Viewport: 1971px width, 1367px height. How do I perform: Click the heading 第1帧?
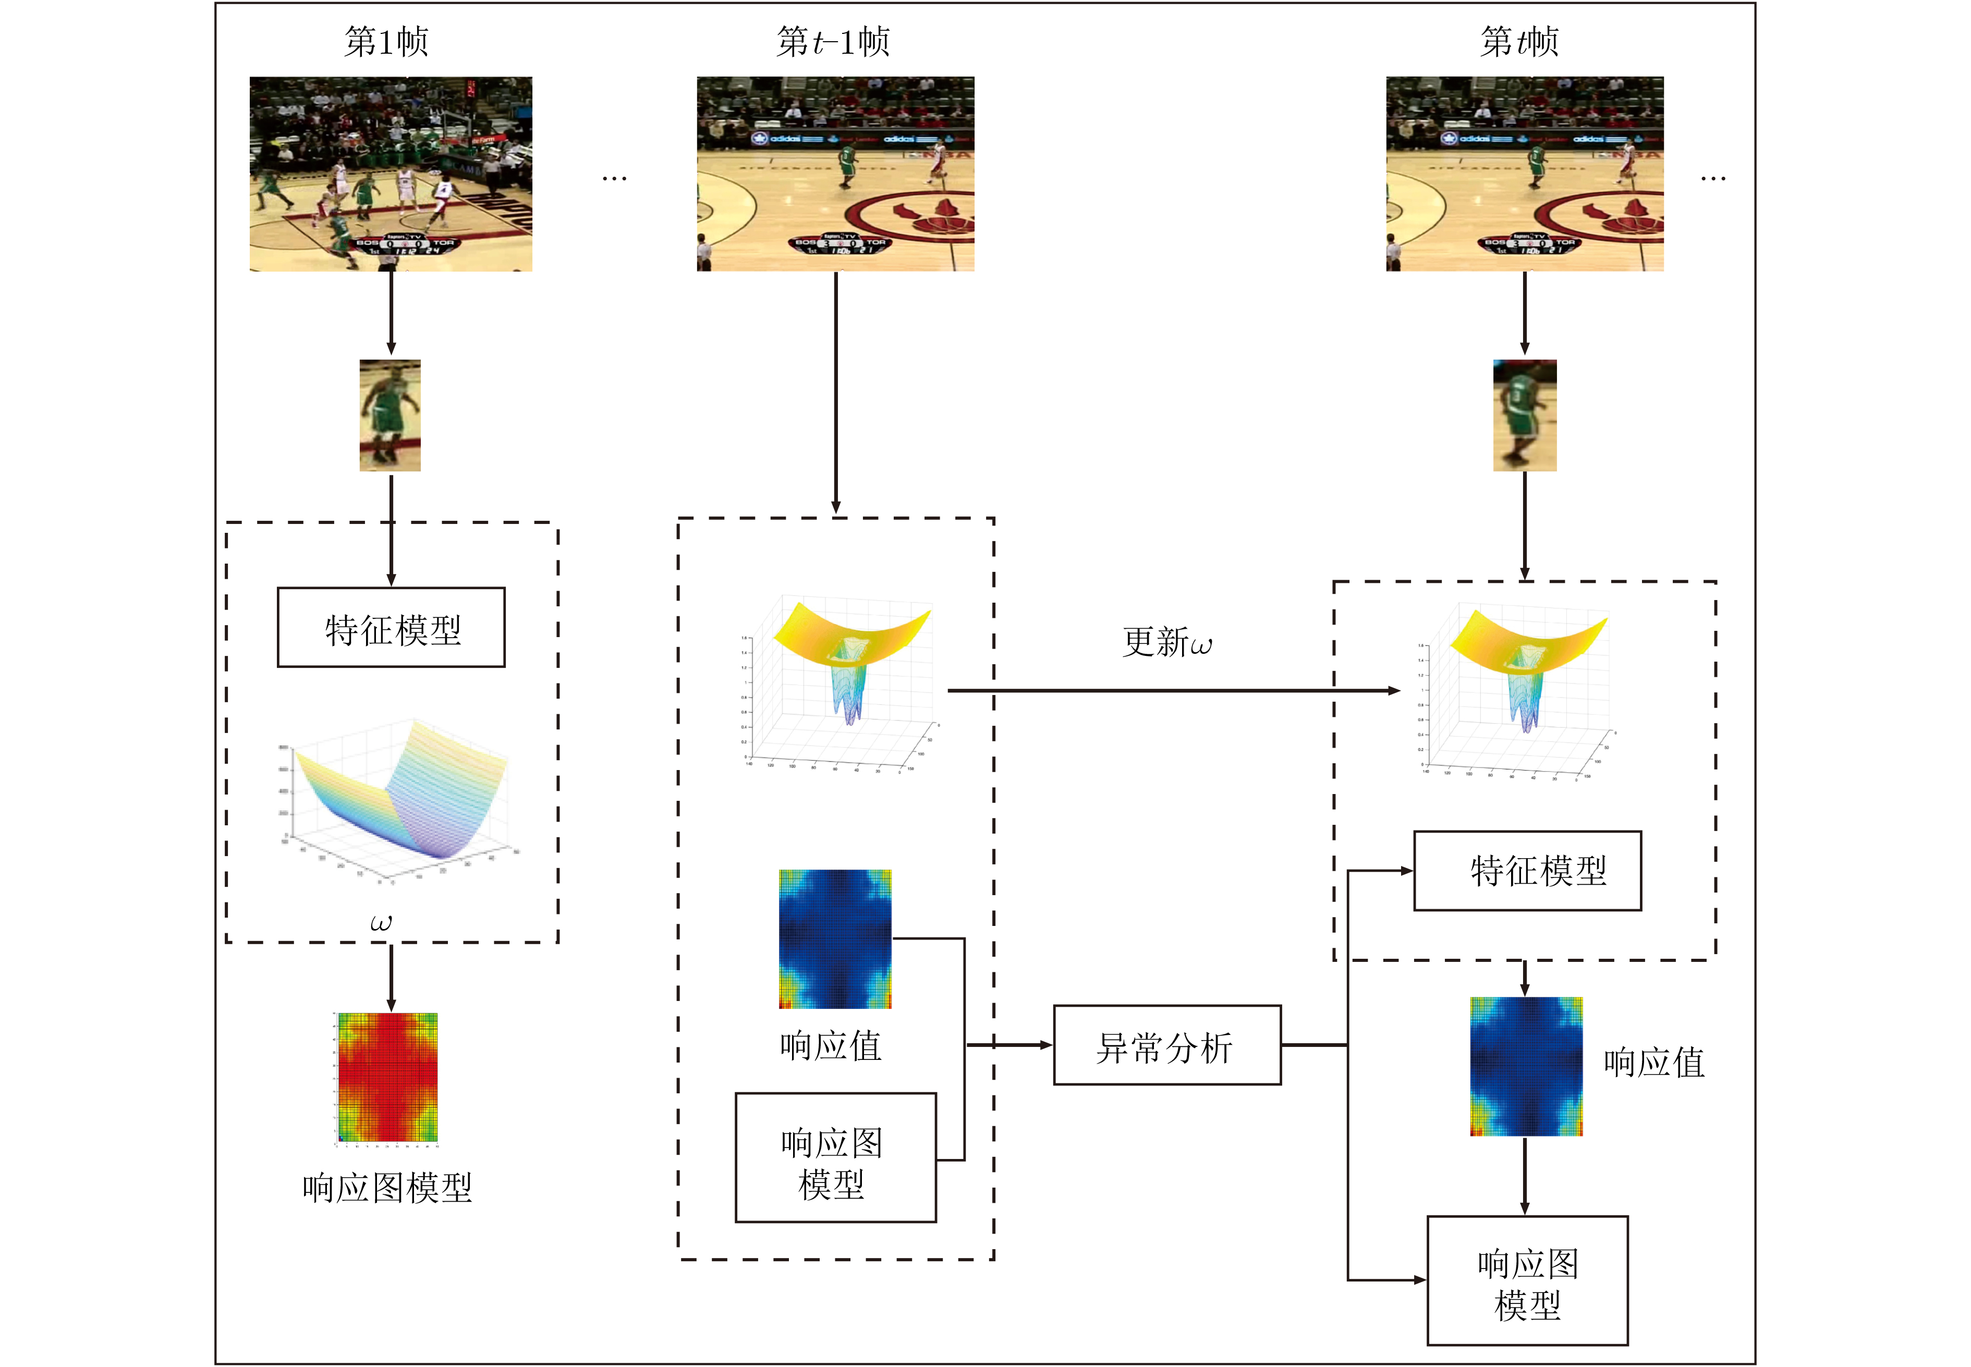click(x=386, y=41)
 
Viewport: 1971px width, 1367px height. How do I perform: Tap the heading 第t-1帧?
click(x=833, y=41)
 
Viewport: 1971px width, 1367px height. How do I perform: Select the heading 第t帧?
click(x=1519, y=41)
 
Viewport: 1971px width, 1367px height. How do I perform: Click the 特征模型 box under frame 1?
click(x=392, y=628)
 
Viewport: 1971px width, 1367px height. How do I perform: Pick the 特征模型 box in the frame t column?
click(x=1527, y=870)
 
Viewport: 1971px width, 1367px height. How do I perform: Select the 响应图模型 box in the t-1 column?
click(x=835, y=1157)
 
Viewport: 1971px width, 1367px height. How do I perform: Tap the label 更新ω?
click(x=1166, y=642)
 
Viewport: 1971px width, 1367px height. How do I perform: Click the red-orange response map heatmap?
click(x=388, y=1078)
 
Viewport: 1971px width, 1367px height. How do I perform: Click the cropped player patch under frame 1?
click(x=390, y=416)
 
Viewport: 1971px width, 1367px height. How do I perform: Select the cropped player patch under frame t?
click(x=1525, y=416)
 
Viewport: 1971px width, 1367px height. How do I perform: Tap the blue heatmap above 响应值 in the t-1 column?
click(x=835, y=939)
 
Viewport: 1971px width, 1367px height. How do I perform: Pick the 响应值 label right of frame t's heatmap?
click(x=1653, y=1063)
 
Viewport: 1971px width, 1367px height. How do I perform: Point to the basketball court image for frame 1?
click(x=391, y=174)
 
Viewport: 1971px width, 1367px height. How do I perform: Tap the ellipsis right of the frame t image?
click(x=1713, y=178)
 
